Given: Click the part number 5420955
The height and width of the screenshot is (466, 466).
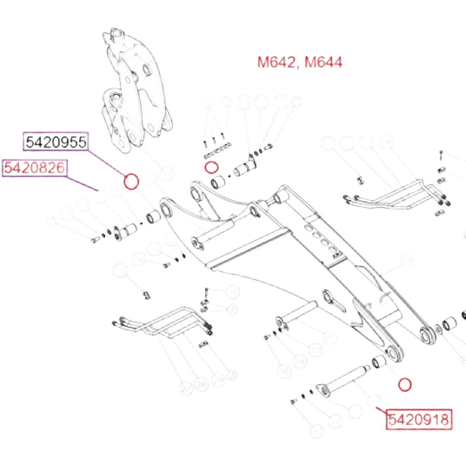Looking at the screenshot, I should [56, 142].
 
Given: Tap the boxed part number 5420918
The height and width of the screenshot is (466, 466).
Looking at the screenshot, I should [418, 419].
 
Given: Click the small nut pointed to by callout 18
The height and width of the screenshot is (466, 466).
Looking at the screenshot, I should [146, 294].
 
